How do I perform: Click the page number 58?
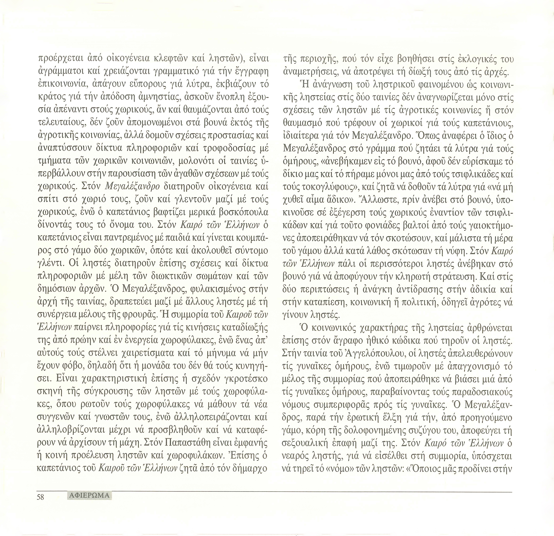(40, 497)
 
